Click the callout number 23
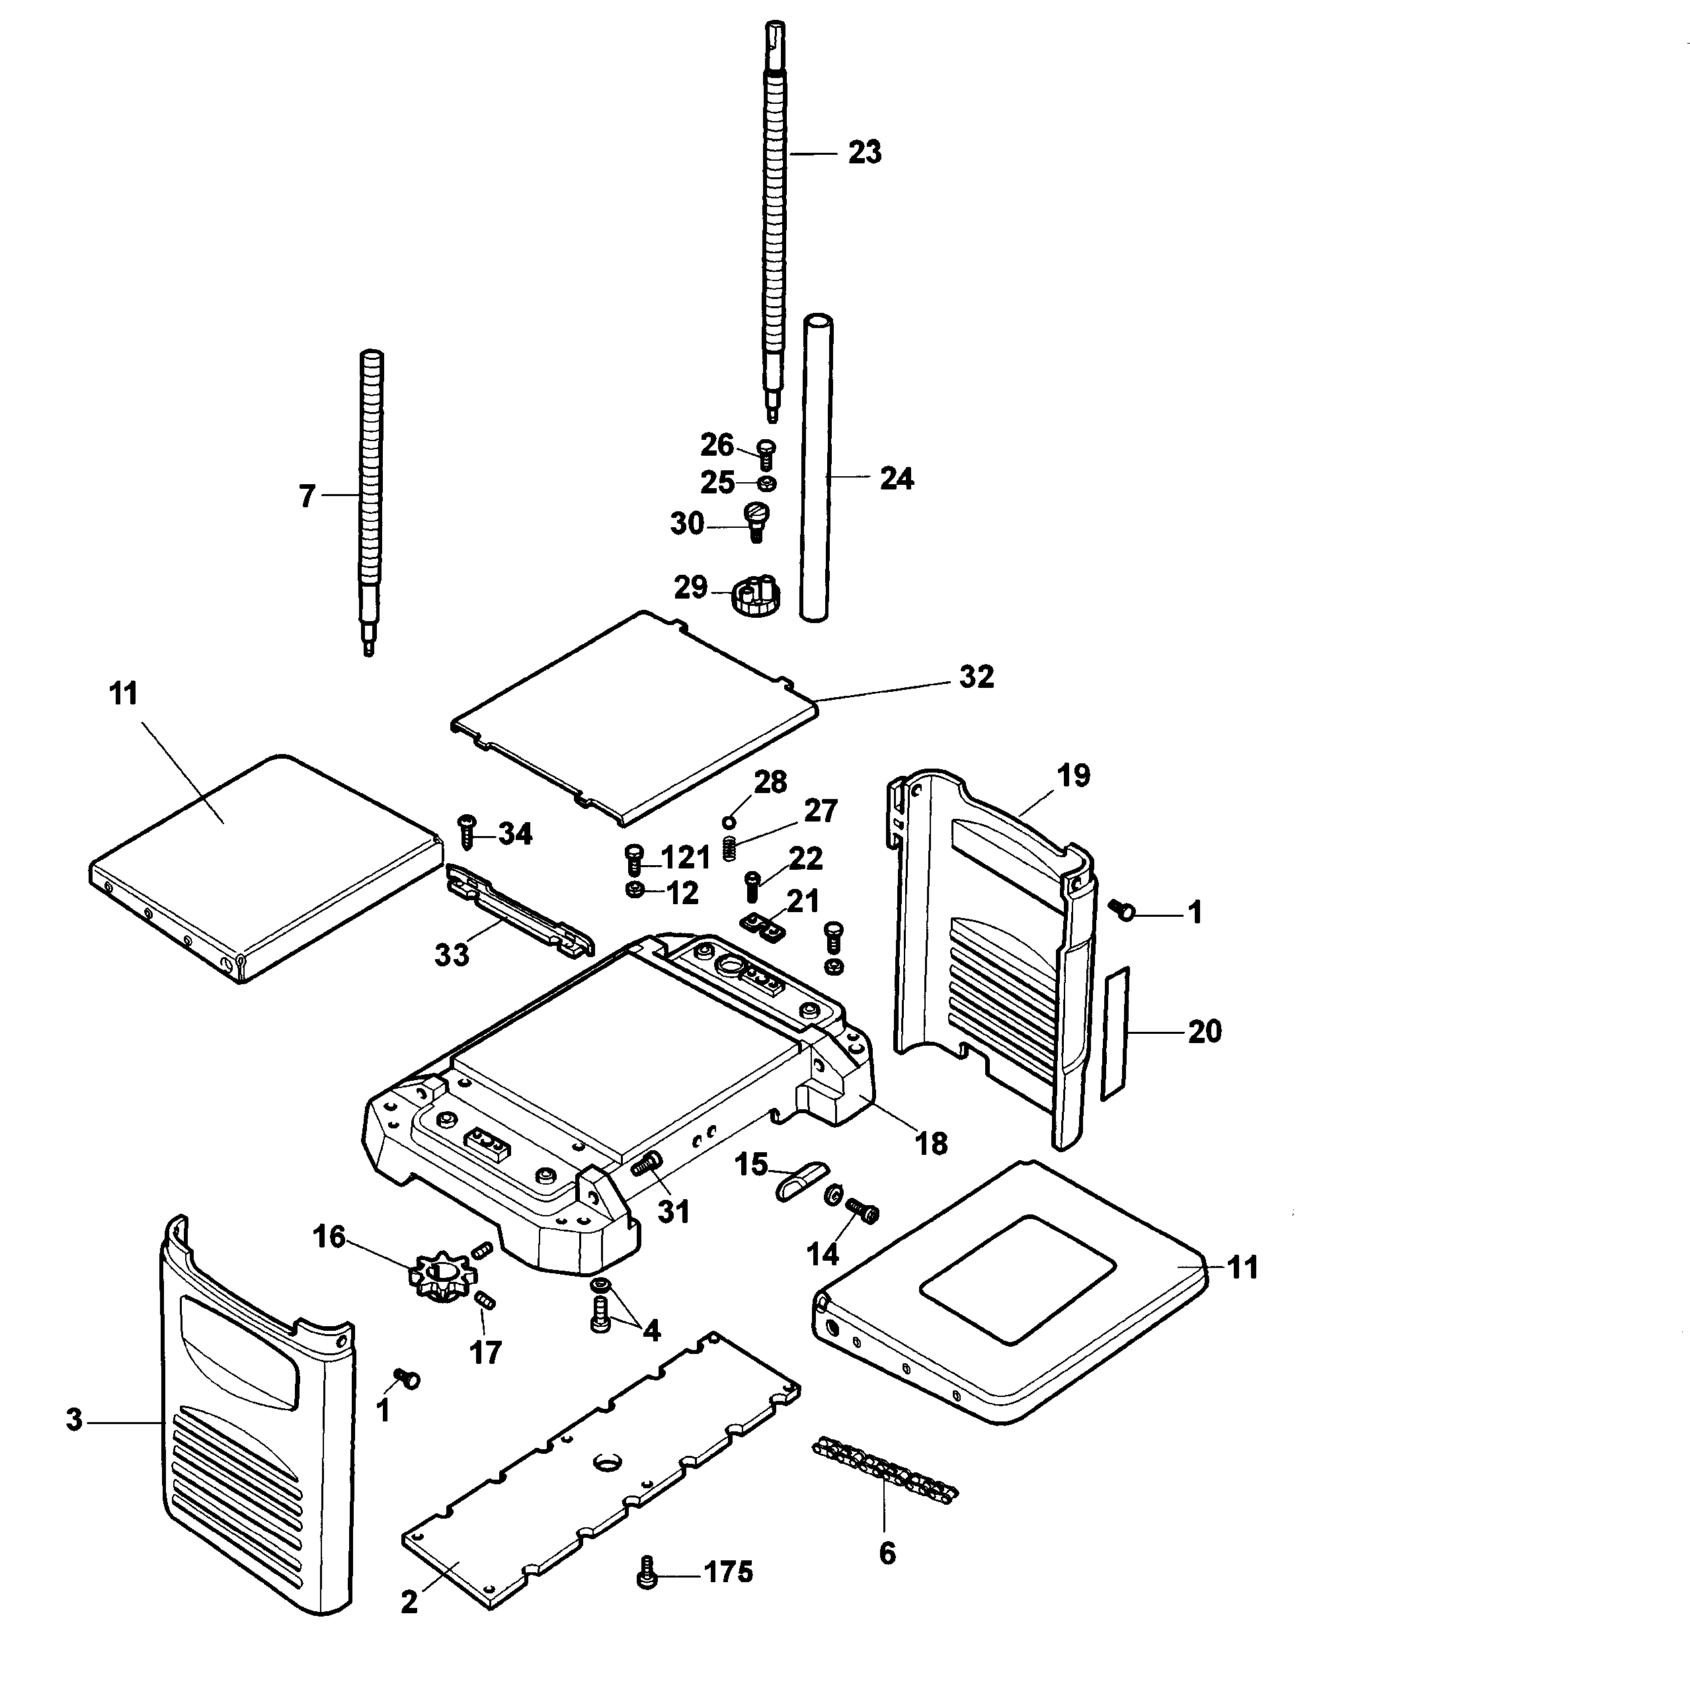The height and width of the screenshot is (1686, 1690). pos(864,153)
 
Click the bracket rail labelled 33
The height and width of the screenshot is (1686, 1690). pos(520,910)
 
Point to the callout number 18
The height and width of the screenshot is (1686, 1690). pos(931,1144)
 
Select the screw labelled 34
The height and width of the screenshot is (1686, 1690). pos(466,831)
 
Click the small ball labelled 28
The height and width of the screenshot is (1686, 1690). pos(728,822)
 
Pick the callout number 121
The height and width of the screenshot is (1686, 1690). pos(685,857)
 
